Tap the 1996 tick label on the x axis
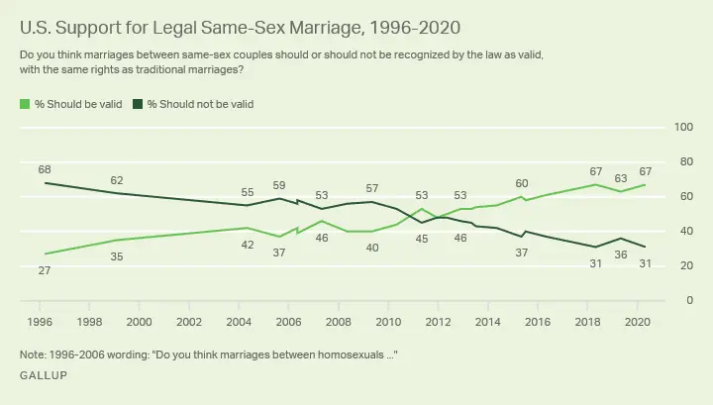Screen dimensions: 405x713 40,322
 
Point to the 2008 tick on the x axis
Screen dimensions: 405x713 338,322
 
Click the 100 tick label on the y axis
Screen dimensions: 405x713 682,127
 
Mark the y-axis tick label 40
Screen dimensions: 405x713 685,231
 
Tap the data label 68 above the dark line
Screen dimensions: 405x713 45,168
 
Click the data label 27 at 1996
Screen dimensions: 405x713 45,269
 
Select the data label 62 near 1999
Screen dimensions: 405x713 117,179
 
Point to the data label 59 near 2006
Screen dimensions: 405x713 279,185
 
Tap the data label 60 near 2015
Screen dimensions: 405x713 522,183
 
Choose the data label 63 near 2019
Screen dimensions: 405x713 621,178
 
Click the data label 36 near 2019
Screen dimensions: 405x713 621,254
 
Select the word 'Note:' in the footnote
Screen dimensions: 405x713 33,354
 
